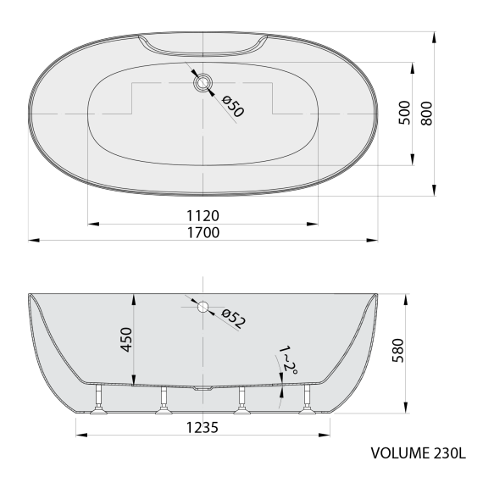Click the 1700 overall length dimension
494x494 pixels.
[x=203, y=231]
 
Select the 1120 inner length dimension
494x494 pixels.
[x=203, y=214]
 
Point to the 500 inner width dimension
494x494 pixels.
[x=404, y=113]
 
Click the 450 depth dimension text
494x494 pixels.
[x=125, y=342]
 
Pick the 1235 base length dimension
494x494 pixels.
[x=203, y=428]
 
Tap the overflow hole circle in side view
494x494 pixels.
[x=203, y=307]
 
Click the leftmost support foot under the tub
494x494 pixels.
[x=98, y=402]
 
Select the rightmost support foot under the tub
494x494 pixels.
[x=306, y=402]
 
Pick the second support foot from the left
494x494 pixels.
[x=162, y=402]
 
